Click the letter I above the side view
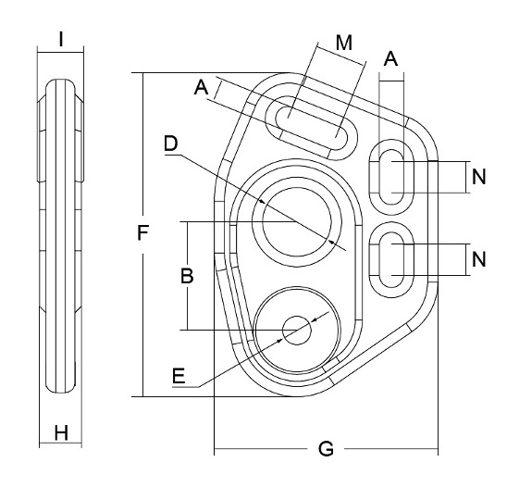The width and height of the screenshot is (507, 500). tap(60, 39)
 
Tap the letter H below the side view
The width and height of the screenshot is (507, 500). tap(61, 432)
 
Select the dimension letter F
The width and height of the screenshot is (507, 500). tap(142, 234)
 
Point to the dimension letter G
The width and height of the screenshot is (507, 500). tap(326, 449)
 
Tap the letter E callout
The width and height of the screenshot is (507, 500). tap(179, 375)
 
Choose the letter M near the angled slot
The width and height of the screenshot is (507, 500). tap(344, 43)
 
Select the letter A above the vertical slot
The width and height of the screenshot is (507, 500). tap(390, 58)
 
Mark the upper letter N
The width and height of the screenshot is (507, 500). tap(477, 178)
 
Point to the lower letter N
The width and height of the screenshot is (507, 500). tap(477, 259)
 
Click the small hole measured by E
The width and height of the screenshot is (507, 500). tap(297, 331)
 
